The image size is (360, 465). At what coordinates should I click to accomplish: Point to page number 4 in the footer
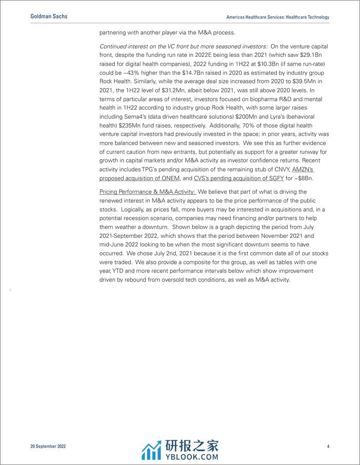[328, 447]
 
